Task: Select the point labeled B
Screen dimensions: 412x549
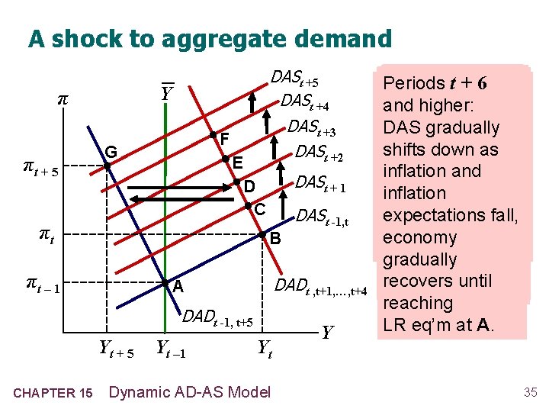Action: coord(262,234)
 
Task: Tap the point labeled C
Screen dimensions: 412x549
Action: coord(249,206)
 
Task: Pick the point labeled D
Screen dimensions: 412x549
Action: coord(237,182)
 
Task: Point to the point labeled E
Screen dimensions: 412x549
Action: coord(226,159)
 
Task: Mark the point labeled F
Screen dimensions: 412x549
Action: coord(213,135)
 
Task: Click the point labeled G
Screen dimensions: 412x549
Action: coord(108,164)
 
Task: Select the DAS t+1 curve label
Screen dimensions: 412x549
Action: coord(320,183)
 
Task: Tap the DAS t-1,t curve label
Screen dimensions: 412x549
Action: coord(323,217)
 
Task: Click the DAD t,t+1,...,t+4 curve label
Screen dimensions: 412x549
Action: coord(321,288)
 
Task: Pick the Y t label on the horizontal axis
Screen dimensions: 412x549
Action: coord(265,349)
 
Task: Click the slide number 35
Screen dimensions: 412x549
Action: coord(530,392)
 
